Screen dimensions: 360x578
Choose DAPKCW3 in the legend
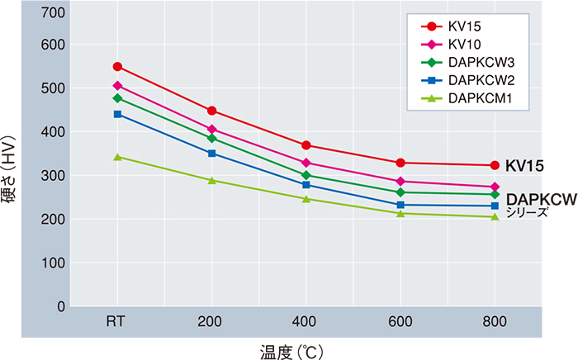pyautogui.click(x=476, y=63)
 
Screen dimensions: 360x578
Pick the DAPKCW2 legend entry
pyautogui.click(x=476, y=80)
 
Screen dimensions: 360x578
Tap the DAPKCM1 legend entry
pyautogui.click(x=476, y=98)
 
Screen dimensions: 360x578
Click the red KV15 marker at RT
pyautogui.click(x=117, y=67)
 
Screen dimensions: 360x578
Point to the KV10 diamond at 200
pyautogui.click(x=212, y=129)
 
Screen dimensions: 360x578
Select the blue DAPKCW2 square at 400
pyautogui.click(x=306, y=185)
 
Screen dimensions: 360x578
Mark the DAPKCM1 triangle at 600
pyautogui.click(x=400, y=214)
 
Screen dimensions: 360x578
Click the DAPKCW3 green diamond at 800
pyautogui.click(x=495, y=195)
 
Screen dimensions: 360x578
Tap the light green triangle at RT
pyautogui.click(x=117, y=156)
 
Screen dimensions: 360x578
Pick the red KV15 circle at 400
pyautogui.click(x=306, y=145)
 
